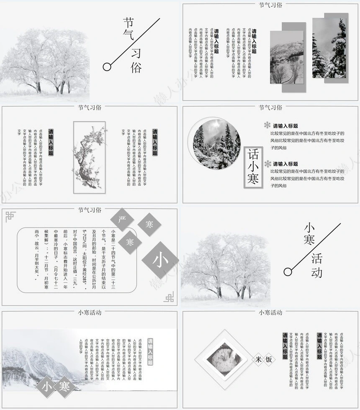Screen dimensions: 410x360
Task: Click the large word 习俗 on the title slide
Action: point(137,61)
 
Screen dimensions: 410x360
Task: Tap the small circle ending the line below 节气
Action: point(107,66)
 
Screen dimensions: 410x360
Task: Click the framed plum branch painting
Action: point(89,157)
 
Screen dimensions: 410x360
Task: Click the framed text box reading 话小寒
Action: point(254,168)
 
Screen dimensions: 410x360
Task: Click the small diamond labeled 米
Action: point(259,359)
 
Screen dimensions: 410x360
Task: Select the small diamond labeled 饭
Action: point(269,359)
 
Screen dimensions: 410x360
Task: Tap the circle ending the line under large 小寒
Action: point(288,272)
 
